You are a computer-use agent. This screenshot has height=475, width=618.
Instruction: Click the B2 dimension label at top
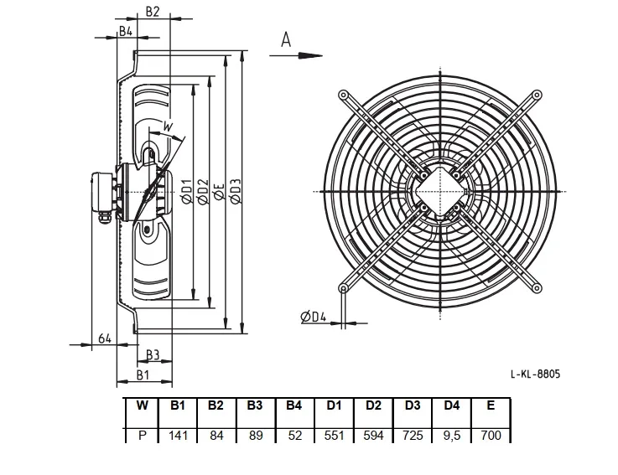[x=153, y=12]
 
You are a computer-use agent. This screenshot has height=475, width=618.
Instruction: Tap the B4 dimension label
[x=125, y=31]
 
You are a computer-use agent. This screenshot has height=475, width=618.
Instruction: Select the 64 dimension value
[x=105, y=338]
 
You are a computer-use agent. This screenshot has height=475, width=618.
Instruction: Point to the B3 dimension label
[x=153, y=355]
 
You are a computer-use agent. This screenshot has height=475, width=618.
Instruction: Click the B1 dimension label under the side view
[x=143, y=375]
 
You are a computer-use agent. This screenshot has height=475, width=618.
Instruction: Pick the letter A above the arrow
[x=286, y=39]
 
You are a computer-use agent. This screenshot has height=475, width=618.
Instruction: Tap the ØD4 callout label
[x=314, y=317]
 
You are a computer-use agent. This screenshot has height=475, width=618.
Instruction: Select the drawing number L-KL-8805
[x=535, y=374]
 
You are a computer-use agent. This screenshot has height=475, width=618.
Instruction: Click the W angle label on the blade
[x=169, y=126]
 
